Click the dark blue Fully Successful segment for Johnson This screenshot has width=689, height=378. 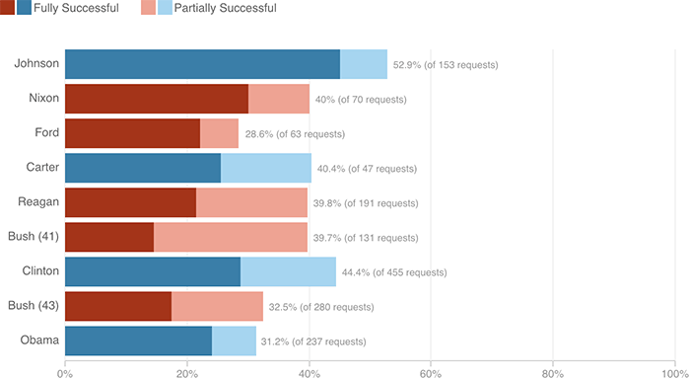coord(202,64)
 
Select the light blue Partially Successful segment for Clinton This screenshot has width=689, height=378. coord(288,271)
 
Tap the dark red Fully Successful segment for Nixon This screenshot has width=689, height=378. coord(157,99)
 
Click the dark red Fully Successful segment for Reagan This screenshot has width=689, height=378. coord(130,202)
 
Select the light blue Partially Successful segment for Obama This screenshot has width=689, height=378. coord(234,340)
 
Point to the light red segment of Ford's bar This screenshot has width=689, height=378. coord(219,133)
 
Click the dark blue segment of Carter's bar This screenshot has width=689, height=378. coord(143,168)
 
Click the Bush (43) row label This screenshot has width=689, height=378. coord(34,305)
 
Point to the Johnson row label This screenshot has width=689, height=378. coord(37,64)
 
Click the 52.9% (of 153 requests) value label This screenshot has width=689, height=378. coord(446,65)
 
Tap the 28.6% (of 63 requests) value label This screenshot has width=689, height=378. coord(296,134)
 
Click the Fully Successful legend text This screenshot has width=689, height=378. coord(76,9)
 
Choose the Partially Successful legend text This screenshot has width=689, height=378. coord(225,9)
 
